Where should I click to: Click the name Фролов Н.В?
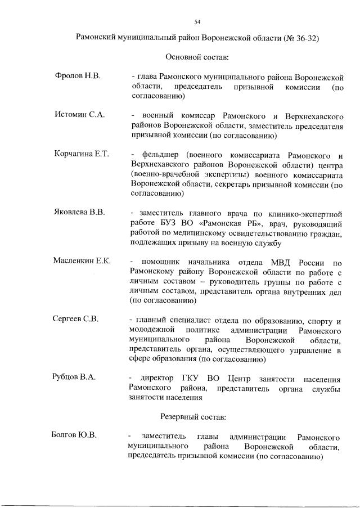coord(78,76)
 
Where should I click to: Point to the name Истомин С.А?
coord(79,115)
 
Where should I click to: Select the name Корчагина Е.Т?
coord(82,154)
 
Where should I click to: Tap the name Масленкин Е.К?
coord(82,261)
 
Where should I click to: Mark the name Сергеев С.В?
coord(76,319)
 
